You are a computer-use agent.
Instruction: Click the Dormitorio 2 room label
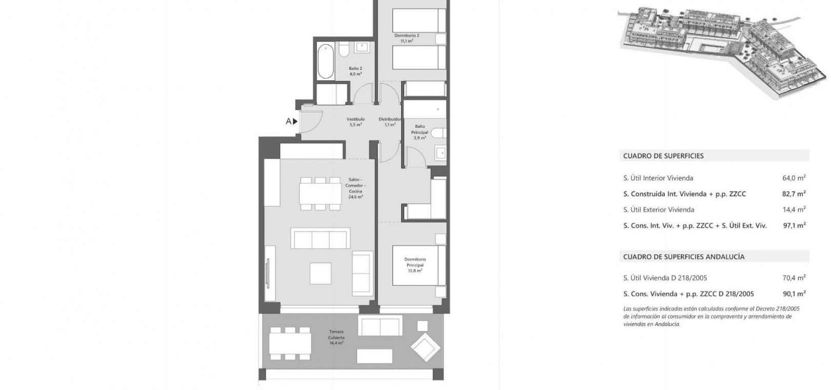pyautogui.click(x=407, y=38)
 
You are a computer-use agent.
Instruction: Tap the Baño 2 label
pyautogui.click(x=355, y=71)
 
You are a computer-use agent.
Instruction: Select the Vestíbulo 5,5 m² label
pyautogui.click(x=355, y=122)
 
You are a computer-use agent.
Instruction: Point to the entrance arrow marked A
pyautogui.click(x=295, y=121)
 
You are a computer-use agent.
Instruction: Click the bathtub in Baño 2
pyautogui.click(x=326, y=62)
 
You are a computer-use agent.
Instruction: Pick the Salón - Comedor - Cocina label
pyautogui.click(x=355, y=188)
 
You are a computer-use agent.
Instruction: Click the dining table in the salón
pyautogui.click(x=320, y=193)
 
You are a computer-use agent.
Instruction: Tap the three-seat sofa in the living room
pyautogui.click(x=320, y=238)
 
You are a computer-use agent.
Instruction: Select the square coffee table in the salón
pyautogui.click(x=320, y=274)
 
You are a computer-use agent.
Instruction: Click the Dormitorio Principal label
pyautogui.click(x=415, y=265)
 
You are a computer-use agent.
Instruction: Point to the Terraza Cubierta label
pyautogui.click(x=336, y=337)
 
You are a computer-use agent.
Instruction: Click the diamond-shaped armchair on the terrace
pyautogui.click(x=425, y=347)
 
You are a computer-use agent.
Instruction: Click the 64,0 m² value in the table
pyautogui.click(x=794, y=178)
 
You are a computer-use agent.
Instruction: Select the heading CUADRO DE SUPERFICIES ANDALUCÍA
pyautogui.click(x=684, y=257)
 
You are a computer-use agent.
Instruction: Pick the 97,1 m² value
pyautogui.click(x=794, y=225)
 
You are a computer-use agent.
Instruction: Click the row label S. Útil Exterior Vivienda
pyautogui.click(x=659, y=210)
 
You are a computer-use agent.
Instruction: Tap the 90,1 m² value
pyautogui.click(x=794, y=294)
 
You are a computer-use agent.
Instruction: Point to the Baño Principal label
pyautogui.click(x=420, y=132)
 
